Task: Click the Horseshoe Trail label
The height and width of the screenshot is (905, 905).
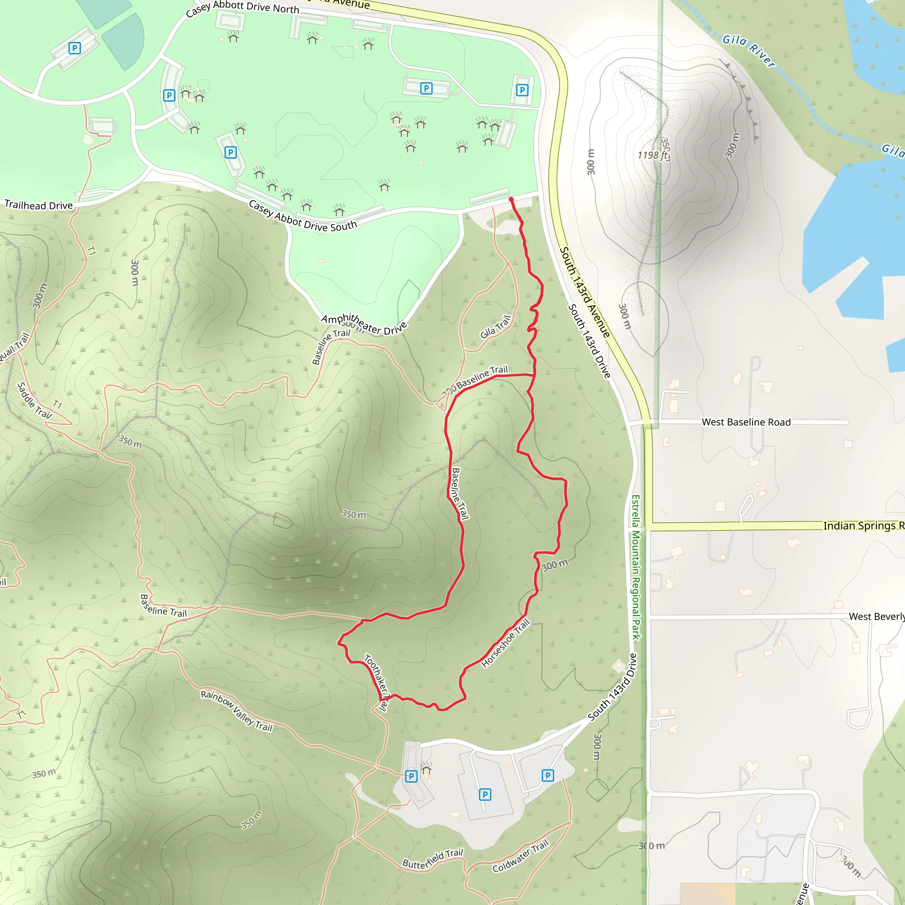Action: coord(505,643)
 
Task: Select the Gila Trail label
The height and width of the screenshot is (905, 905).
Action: coord(495,327)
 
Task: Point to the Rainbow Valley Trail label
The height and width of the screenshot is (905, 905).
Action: coord(236,710)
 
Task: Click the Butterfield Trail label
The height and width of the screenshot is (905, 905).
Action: coord(432,859)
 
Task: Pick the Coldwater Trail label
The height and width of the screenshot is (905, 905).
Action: coord(520,857)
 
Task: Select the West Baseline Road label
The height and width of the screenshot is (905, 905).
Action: coord(746,422)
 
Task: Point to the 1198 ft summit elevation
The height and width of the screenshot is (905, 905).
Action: coord(653,155)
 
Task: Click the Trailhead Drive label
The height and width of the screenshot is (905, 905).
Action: coord(38,205)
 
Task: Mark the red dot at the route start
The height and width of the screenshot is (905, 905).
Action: coord(511,200)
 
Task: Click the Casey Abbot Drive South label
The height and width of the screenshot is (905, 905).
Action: coord(302,217)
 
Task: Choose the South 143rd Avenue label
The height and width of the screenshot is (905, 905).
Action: coord(585,292)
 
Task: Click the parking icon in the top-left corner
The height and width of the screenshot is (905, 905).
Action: coord(75,48)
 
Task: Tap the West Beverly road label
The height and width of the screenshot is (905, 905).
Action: coord(876,616)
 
